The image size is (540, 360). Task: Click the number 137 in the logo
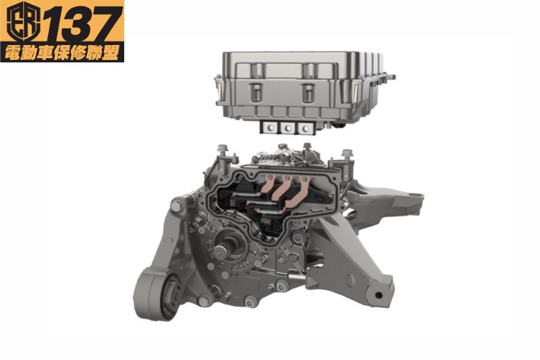[x=83, y=24]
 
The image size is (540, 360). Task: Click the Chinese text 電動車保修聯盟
[x=62, y=53]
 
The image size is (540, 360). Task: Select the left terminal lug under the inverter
[x=270, y=128]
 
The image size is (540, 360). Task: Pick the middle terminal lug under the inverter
[x=287, y=128]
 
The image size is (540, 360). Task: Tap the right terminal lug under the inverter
[x=305, y=129]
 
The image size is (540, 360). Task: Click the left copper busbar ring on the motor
[x=270, y=178]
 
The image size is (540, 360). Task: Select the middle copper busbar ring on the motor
[x=287, y=178]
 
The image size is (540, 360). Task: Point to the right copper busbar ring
[x=304, y=179]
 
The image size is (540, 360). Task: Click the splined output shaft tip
[x=220, y=252]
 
